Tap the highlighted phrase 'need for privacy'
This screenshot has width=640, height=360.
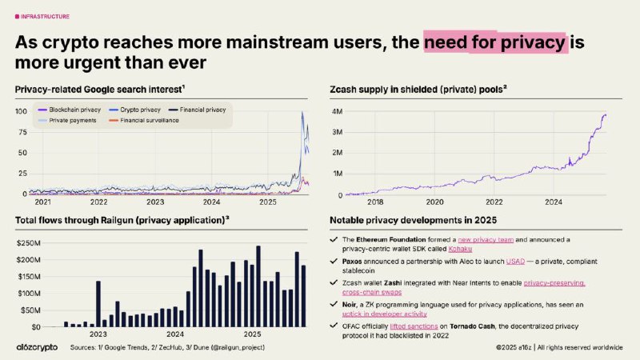click(x=495, y=42)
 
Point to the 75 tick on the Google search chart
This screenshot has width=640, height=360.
click(x=21, y=131)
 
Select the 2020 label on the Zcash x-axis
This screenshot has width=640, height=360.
click(x=434, y=203)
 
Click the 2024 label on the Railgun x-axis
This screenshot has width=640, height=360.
click(x=175, y=334)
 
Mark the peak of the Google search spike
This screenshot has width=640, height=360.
click(x=302, y=112)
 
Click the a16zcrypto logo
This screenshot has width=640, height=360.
click(x=37, y=348)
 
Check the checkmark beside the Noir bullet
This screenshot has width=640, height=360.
click(x=334, y=305)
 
